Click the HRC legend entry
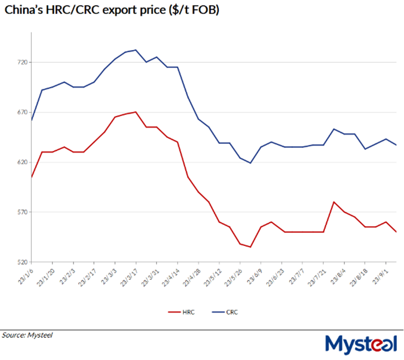181,312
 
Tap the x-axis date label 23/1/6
26,273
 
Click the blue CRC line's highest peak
135,50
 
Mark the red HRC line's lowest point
251,247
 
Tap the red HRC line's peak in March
135,112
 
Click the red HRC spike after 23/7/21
334,202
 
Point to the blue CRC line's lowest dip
251,163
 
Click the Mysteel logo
362,344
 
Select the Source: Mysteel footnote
27,335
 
